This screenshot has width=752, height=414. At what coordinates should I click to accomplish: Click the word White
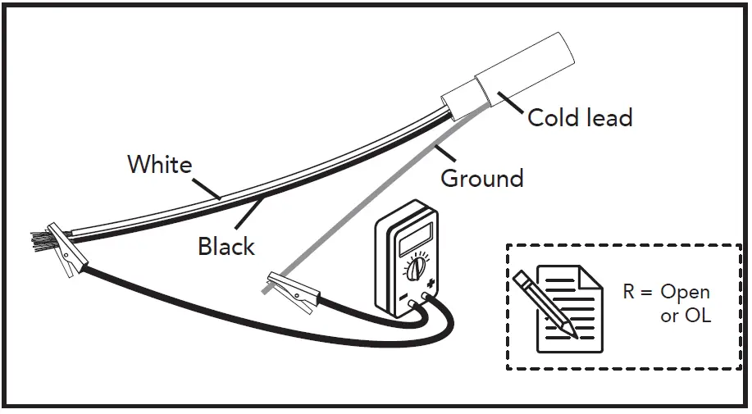click(159, 164)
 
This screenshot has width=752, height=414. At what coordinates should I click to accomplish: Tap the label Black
click(226, 246)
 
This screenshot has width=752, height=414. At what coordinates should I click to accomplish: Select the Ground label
click(482, 178)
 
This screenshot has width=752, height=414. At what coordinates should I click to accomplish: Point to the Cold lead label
click(580, 118)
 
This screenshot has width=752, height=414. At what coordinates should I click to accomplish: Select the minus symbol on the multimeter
click(403, 301)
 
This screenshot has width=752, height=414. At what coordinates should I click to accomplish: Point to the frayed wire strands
click(40, 241)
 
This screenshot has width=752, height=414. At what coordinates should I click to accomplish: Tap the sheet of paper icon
click(566, 307)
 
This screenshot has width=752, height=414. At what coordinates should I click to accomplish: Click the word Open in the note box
click(685, 293)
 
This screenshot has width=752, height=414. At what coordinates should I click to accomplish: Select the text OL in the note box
click(697, 316)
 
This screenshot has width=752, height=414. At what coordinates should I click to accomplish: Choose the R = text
click(636, 293)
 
